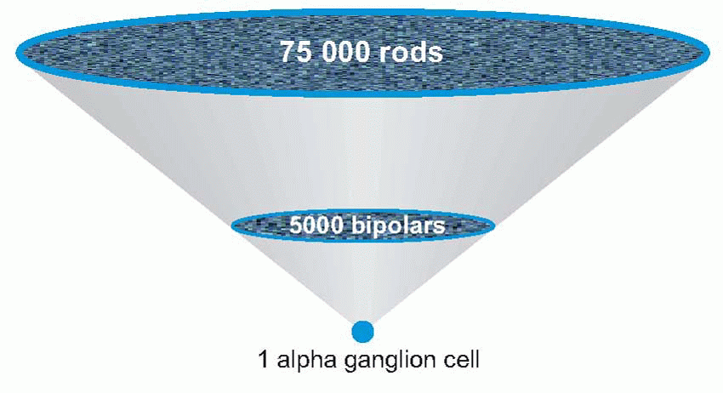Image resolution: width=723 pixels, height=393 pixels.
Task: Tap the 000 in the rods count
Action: tap(347, 53)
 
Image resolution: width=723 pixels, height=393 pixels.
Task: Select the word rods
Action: tap(413, 53)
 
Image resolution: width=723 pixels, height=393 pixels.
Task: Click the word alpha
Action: tap(300, 360)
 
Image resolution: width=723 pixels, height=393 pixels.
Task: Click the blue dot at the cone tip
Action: tap(363, 330)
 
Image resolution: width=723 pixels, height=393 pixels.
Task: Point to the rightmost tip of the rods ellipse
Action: tap(709, 53)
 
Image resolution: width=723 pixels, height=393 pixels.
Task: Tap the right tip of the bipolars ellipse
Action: tap(494, 225)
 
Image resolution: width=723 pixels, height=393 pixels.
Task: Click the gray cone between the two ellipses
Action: tap(363, 153)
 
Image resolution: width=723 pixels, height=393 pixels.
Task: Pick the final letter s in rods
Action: tap(436, 54)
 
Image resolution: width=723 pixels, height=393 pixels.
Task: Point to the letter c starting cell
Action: tap(444, 360)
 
